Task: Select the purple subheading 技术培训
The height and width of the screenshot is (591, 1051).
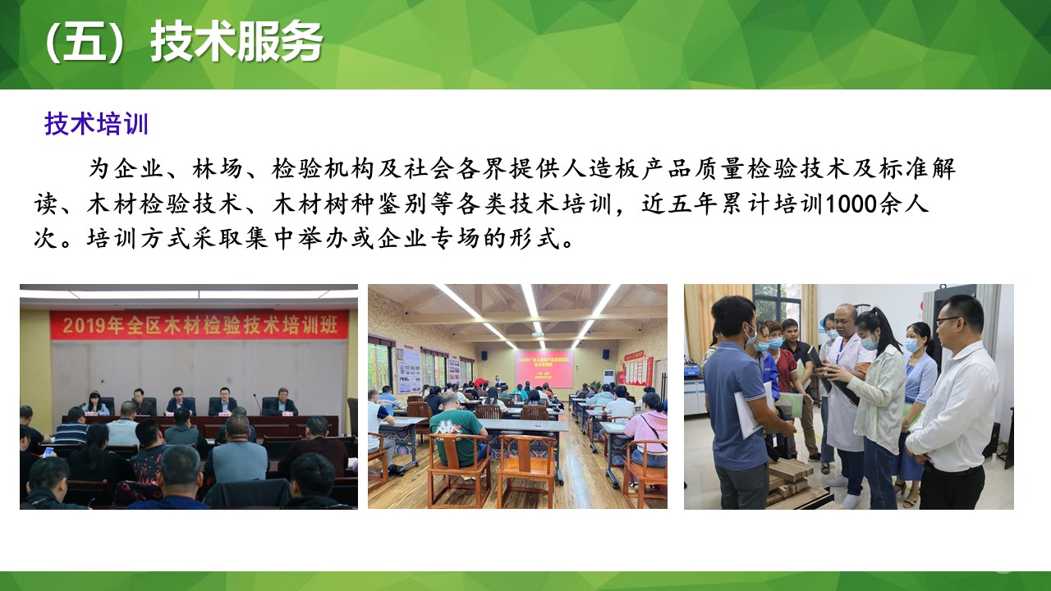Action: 96,125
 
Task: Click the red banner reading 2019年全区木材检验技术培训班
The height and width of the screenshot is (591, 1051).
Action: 199,325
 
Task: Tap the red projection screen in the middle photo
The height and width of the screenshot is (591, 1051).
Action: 544,369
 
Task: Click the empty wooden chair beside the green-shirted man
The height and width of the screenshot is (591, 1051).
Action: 527,469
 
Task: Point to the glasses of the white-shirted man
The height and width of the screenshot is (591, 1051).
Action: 948,319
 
